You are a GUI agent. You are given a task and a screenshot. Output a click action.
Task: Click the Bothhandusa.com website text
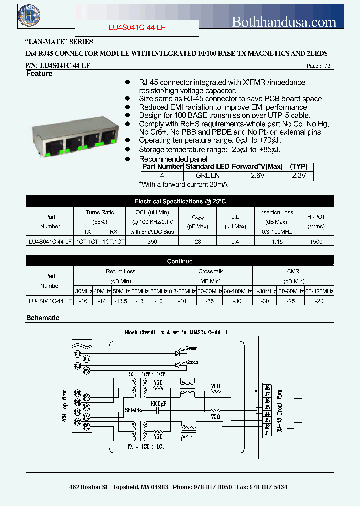284,22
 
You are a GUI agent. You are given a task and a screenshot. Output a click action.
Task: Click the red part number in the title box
137,28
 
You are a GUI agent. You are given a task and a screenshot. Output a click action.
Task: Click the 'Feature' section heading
39,74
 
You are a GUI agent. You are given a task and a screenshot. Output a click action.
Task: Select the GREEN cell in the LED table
207,176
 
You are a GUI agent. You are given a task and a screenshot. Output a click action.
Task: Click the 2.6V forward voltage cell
257,176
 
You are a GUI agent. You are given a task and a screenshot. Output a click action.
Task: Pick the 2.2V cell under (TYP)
299,176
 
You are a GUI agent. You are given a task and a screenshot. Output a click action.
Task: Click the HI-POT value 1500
316,241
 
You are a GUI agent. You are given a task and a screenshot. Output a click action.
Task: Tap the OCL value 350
152,241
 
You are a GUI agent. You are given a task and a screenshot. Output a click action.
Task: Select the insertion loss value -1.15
276,241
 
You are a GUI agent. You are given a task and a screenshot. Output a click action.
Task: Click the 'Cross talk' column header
210,271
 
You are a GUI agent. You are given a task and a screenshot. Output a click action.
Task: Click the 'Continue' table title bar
180,261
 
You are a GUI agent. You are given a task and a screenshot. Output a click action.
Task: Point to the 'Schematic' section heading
43,318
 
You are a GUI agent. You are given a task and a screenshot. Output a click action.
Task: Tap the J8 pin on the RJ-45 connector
267,388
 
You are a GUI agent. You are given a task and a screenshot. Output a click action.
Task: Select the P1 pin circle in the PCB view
86,426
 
